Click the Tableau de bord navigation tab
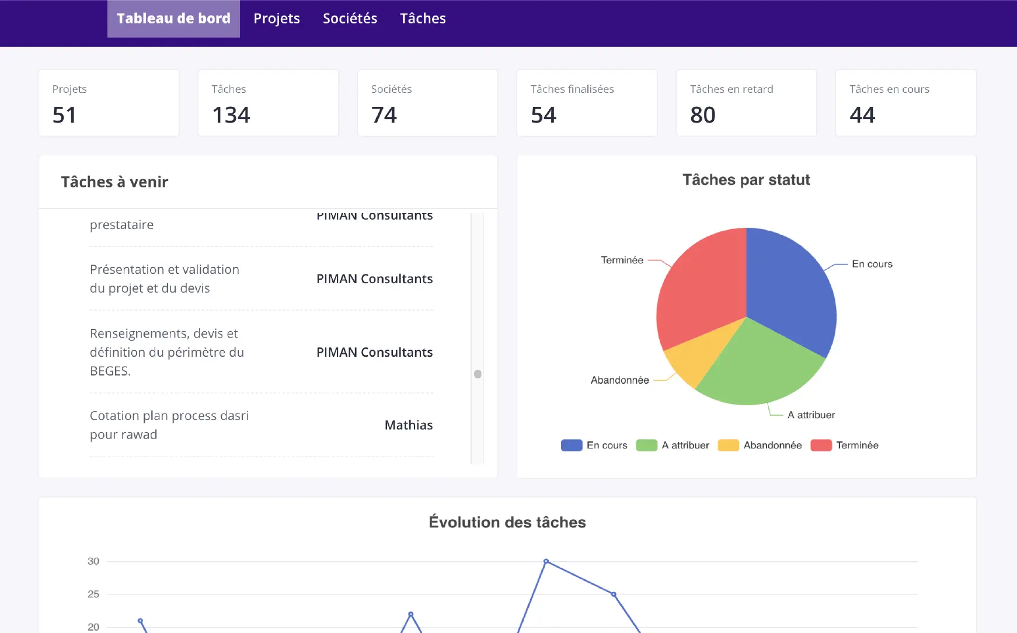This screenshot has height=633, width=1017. [173, 19]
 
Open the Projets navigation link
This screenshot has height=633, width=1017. [277, 19]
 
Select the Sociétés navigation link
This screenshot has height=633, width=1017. [350, 19]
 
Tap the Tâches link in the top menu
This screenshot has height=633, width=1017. [423, 19]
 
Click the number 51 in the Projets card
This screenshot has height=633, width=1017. [64, 115]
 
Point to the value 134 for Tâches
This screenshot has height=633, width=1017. [231, 115]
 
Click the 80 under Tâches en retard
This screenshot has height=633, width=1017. [702, 115]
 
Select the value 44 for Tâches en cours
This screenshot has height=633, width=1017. [862, 115]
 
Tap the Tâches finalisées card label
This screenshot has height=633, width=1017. [572, 89]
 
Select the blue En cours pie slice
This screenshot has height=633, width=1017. [791, 286]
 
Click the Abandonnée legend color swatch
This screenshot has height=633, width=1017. [728, 446]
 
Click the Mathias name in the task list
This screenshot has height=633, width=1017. [409, 425]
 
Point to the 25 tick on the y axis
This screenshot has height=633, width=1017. [93, 594]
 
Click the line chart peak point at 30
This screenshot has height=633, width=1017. [546, 561]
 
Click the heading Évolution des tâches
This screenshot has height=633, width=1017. [507, 522]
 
